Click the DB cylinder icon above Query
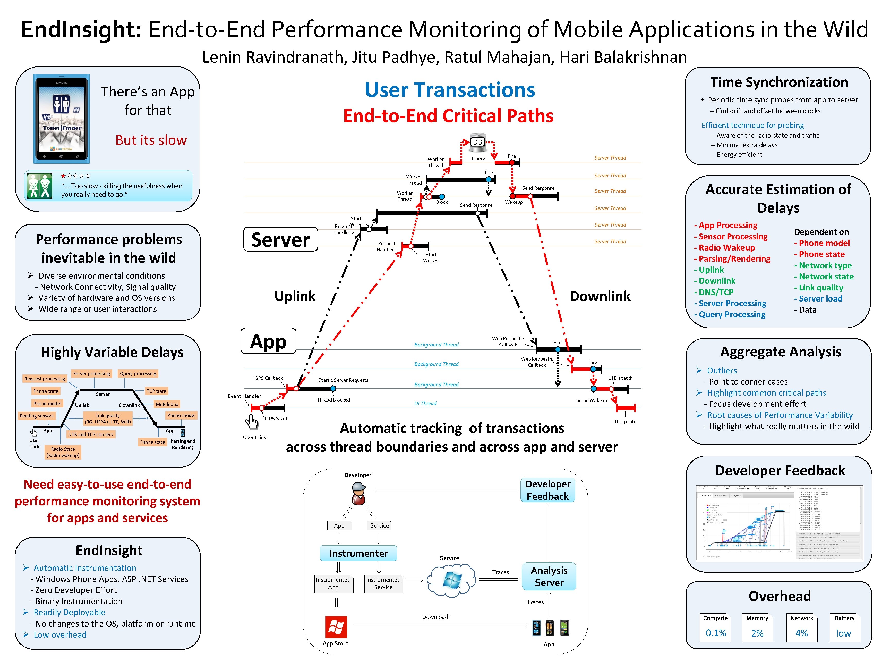pos(478,141)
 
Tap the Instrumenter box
pos(358,553)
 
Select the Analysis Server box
pos(549,576)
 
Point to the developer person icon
pos(358,494)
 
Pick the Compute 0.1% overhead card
pos(715,627)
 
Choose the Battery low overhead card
pos(844,627)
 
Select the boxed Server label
pos(280,240)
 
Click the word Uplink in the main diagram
pos(295,296)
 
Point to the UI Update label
pos(625,422)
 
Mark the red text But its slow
pos(151,140)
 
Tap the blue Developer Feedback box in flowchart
pos(547,490)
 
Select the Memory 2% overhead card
pos(757,627)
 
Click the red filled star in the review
pos(63,176)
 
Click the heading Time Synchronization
pos(779,82)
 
